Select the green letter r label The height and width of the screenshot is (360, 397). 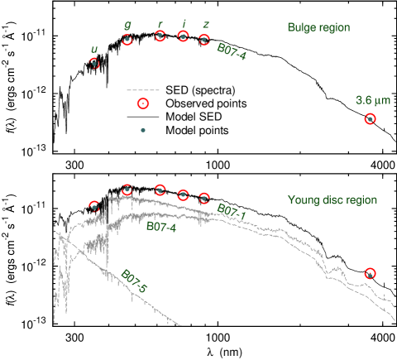click(160, 23)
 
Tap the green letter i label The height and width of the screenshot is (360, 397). click(182, 24)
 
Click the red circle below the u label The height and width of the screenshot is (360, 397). click(94, 63)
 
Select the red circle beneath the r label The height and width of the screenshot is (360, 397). click(160, 36)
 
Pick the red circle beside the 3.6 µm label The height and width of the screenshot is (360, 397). click(369, 119)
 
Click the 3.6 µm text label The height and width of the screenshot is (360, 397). click(371, 100)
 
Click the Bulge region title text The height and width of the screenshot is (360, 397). click(320, 28)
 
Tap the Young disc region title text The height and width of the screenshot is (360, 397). click(332, 199)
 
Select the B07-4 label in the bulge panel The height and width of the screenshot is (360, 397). click(232, 50)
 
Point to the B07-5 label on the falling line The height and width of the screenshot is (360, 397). click(134, 282)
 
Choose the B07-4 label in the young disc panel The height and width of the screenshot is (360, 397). click(160, 226)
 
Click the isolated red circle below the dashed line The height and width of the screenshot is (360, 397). click(143, 103)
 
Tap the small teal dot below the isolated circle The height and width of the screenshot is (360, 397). click(143, 130)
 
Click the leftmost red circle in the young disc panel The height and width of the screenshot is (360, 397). click(94, 206)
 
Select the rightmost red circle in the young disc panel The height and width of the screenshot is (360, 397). click(370, 273)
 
